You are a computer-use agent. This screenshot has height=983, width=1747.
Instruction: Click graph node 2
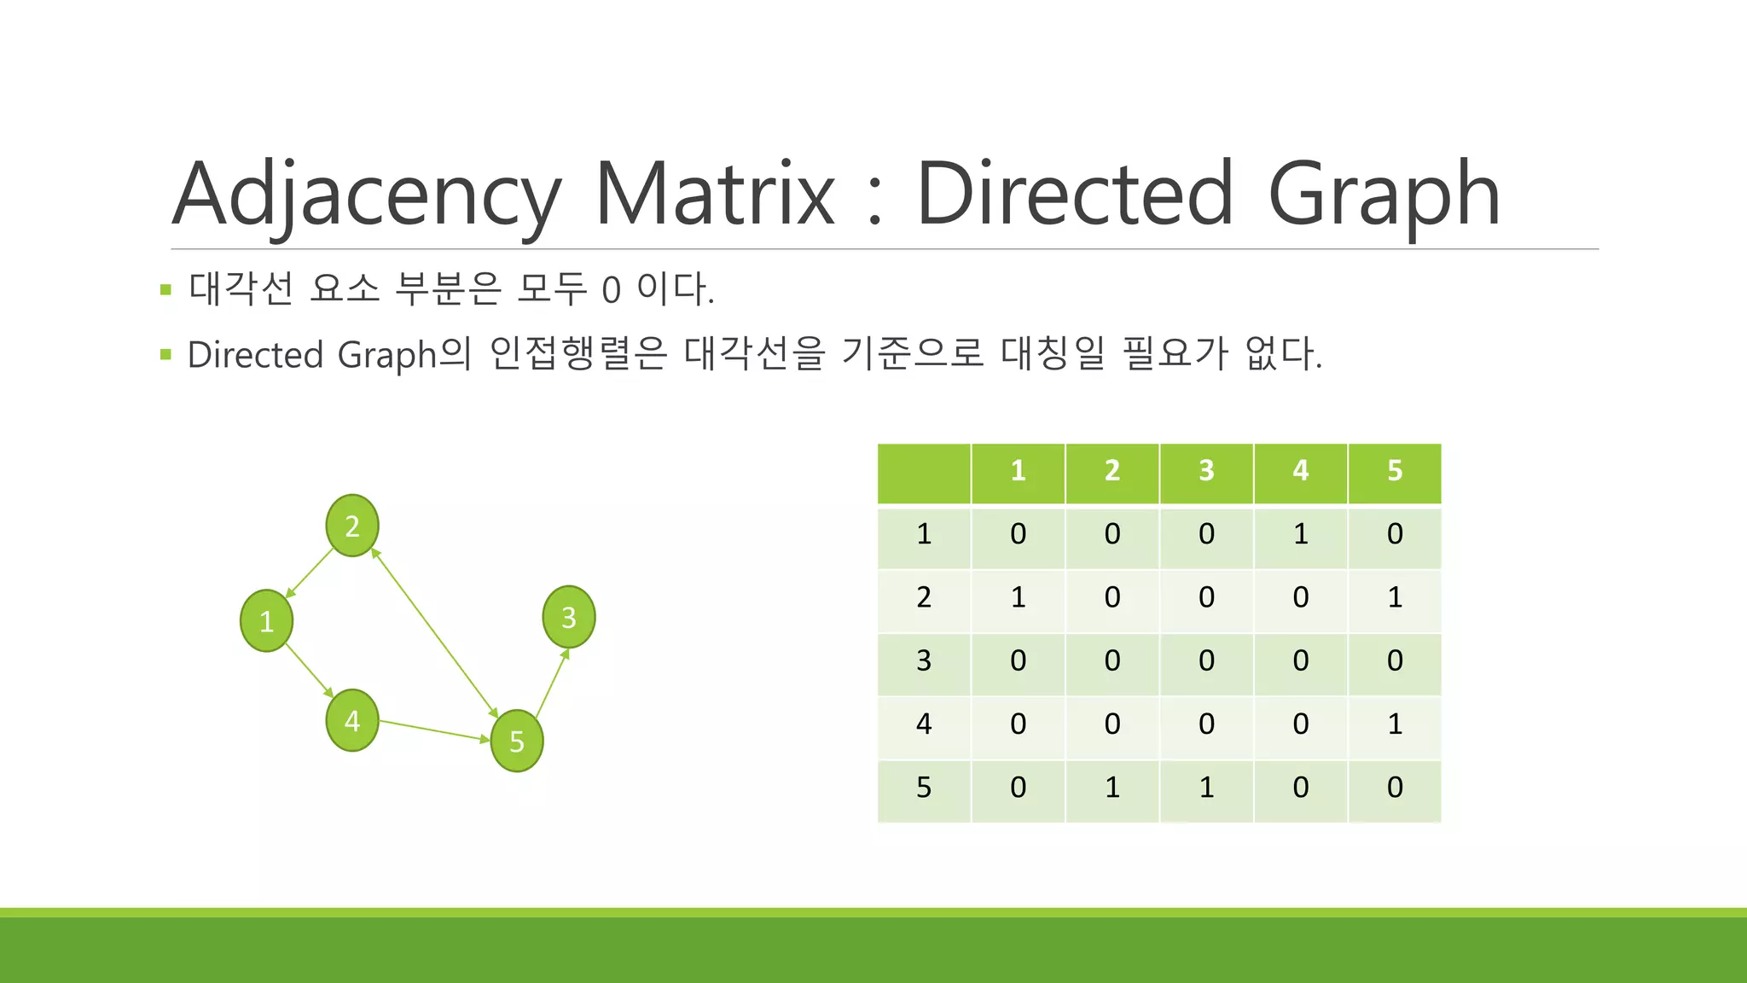coord(352,526)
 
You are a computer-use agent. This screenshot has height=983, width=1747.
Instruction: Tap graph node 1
coord(266,620)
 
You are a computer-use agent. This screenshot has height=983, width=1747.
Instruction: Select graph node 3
coord(569,617)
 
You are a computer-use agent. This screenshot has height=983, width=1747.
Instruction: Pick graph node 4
coord(352,721)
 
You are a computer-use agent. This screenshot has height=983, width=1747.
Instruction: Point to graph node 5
coord(517,741)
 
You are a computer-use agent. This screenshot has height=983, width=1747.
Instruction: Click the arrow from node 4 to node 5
coord(434,730)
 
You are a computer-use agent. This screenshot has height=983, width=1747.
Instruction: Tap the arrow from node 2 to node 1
coord(309,573)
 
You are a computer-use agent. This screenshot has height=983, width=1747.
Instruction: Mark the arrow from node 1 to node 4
coord(309,671)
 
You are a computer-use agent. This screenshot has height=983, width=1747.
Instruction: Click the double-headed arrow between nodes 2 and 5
coord(434,633)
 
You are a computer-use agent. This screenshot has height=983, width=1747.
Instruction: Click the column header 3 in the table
coord(1206,471)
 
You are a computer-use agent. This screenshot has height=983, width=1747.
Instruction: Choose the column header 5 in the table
coord(1395,471)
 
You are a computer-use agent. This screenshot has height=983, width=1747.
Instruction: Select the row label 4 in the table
coord(924,724)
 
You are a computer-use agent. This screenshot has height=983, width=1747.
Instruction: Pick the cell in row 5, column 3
coord(1206,788)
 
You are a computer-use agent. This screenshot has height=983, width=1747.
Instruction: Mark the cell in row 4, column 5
coord(1395,724)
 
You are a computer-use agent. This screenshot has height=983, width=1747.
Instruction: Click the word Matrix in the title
coord(715,195)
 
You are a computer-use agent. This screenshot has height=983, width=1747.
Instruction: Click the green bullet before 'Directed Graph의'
coord(165,354)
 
